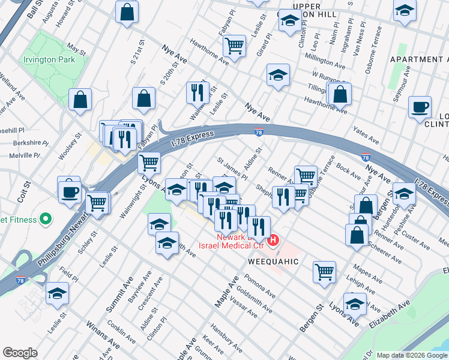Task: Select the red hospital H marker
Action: point(274,241)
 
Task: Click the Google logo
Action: point(20,352)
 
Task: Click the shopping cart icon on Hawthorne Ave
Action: point(234,45)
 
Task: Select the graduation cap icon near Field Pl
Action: point(58,293)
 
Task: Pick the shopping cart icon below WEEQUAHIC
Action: point(324,271)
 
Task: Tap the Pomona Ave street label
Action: point(260,286)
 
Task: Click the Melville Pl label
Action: point(25,155)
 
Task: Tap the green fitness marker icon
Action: point(43,218)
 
